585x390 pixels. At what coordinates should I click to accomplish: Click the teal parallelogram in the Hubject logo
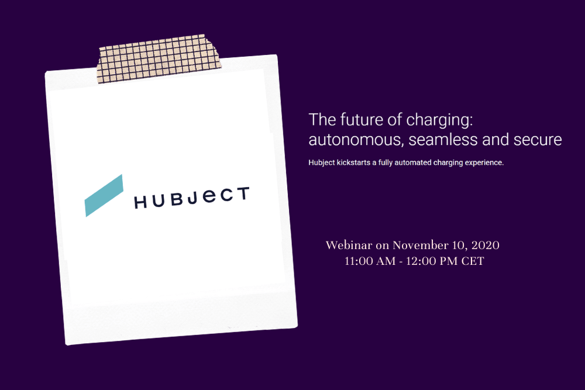tap(104, 195)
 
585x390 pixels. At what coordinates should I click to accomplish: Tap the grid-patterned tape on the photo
tap(159, 58)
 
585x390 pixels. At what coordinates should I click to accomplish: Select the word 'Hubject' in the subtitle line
tap(322, 163)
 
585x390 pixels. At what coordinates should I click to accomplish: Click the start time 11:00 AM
tap(370, 261)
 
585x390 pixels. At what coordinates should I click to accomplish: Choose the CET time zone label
tap(473, 261)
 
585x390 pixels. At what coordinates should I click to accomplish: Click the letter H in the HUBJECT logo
tap(140, 202)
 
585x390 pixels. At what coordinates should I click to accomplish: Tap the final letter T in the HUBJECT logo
tap(243, 194)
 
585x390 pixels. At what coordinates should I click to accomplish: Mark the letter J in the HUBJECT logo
tap(192, 199)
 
